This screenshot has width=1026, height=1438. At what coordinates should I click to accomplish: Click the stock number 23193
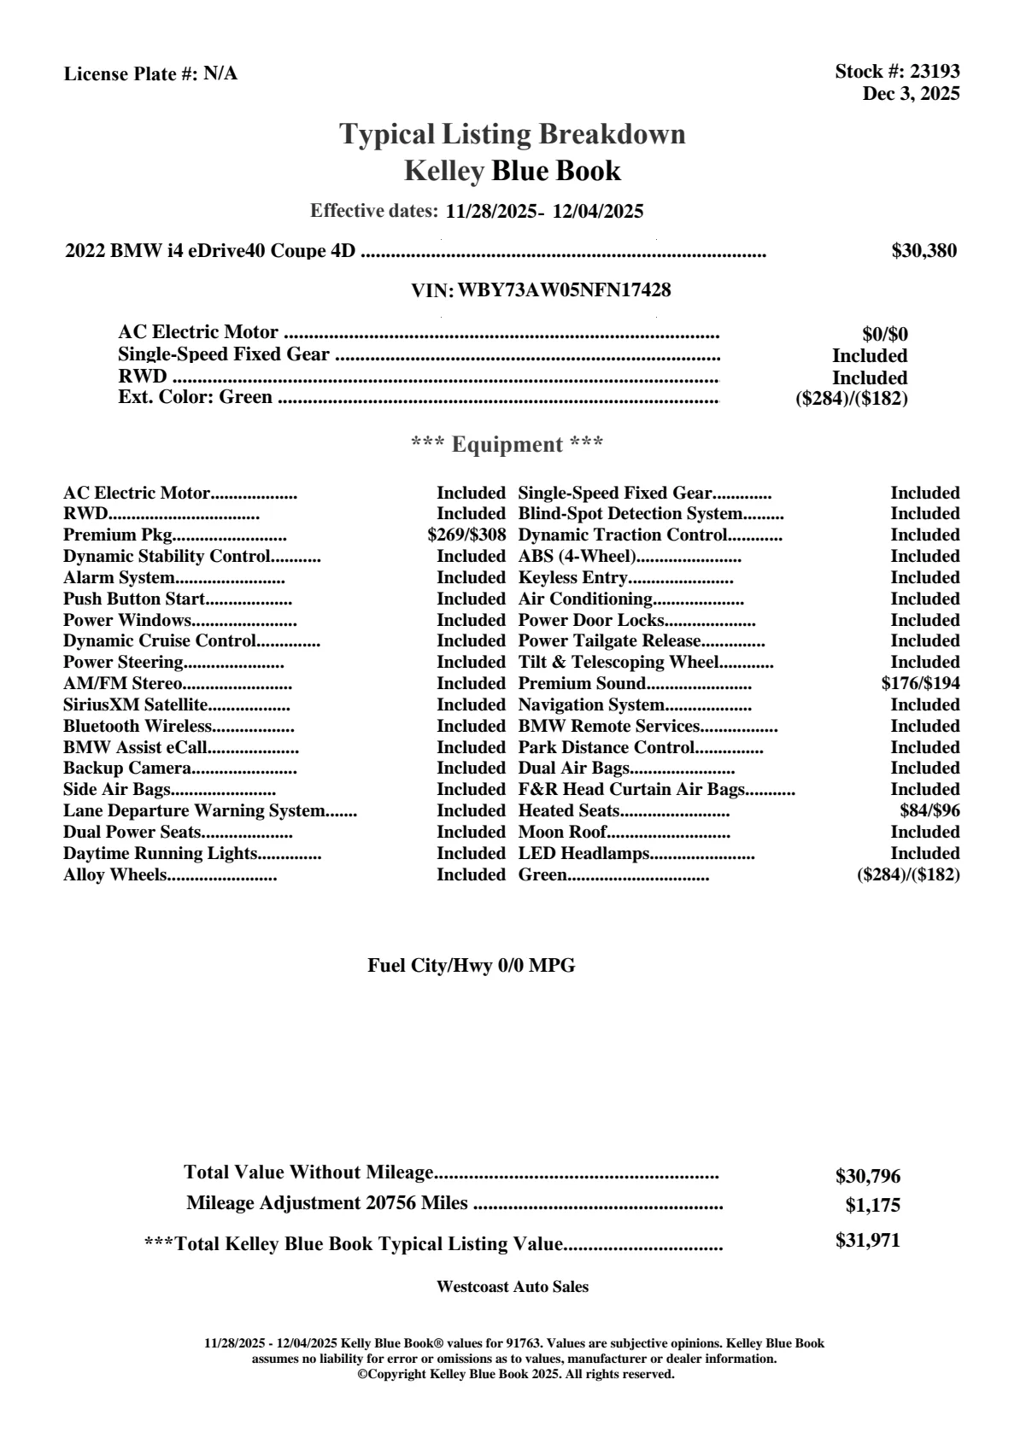click(x=935, y=72)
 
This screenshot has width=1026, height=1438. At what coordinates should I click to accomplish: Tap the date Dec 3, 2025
click(x=911, y=94)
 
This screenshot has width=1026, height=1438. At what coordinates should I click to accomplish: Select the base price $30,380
click(x=924, y=251)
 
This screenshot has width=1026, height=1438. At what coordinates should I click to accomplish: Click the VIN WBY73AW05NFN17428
click(x=564, y=290)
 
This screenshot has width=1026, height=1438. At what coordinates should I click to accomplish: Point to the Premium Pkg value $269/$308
click(x=466, y=535)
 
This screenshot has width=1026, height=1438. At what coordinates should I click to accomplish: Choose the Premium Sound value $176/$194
click(x=920, y=684)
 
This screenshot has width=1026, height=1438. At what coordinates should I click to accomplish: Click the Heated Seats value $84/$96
click(x=929, y=811)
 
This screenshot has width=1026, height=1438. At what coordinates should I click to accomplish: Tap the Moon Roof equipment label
click(x=563, y=833)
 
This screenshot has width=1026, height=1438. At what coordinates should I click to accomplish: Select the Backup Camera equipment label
click(x=115, y=769)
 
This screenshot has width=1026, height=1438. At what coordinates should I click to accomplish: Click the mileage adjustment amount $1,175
click(x=873, y=1206)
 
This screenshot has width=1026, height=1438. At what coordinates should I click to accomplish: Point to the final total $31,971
click(x=868, y=1241)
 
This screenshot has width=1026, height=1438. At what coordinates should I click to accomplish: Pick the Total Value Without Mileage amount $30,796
click(x=868, y=1177)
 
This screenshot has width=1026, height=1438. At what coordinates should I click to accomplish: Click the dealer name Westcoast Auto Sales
click(x=513, y=1287)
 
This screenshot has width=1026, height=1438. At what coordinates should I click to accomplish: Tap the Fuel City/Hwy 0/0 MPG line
click(x=472, y=966)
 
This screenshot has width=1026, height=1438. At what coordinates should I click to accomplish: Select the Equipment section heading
click(x=507, y=445)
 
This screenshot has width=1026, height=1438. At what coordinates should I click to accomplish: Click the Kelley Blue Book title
click(x=513, y=172)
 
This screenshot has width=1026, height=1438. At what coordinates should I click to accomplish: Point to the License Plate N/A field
click(x=151, y=74)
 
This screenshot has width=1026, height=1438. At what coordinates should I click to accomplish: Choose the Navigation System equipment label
click(x=591, y=705)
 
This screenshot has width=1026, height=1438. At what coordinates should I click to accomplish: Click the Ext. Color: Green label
click(x=196, y=397)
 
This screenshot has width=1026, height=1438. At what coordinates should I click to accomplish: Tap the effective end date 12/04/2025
click(x=598, y=212)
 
